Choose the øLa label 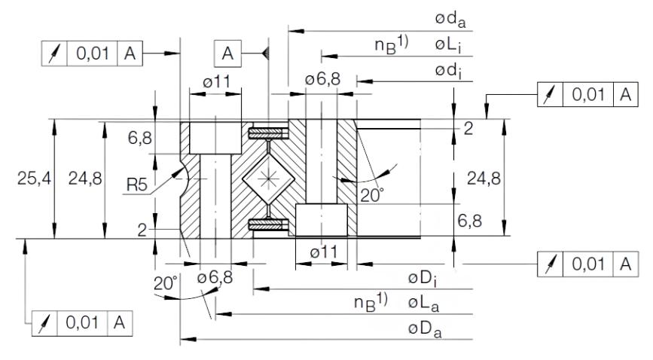coord(423,304)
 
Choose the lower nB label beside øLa coord(371,304)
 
